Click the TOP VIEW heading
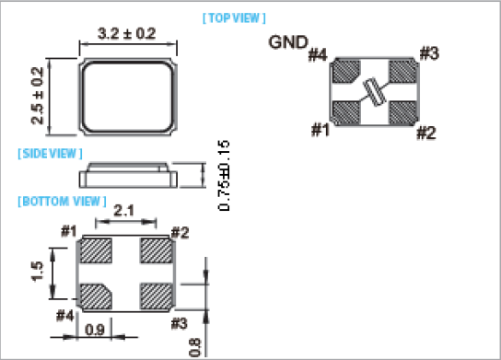tap(234, 18)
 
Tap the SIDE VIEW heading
tap(50, 154)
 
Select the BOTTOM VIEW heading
tap(62, 202)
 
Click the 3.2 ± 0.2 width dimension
tap(127, 33)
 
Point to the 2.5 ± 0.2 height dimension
tap(38, 96)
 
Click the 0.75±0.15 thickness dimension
tap(224, 175)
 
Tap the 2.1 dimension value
tap(124, 211)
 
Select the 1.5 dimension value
tap(37, 272)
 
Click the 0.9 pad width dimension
tap(95, 330)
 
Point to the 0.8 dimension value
tap(195, 347)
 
